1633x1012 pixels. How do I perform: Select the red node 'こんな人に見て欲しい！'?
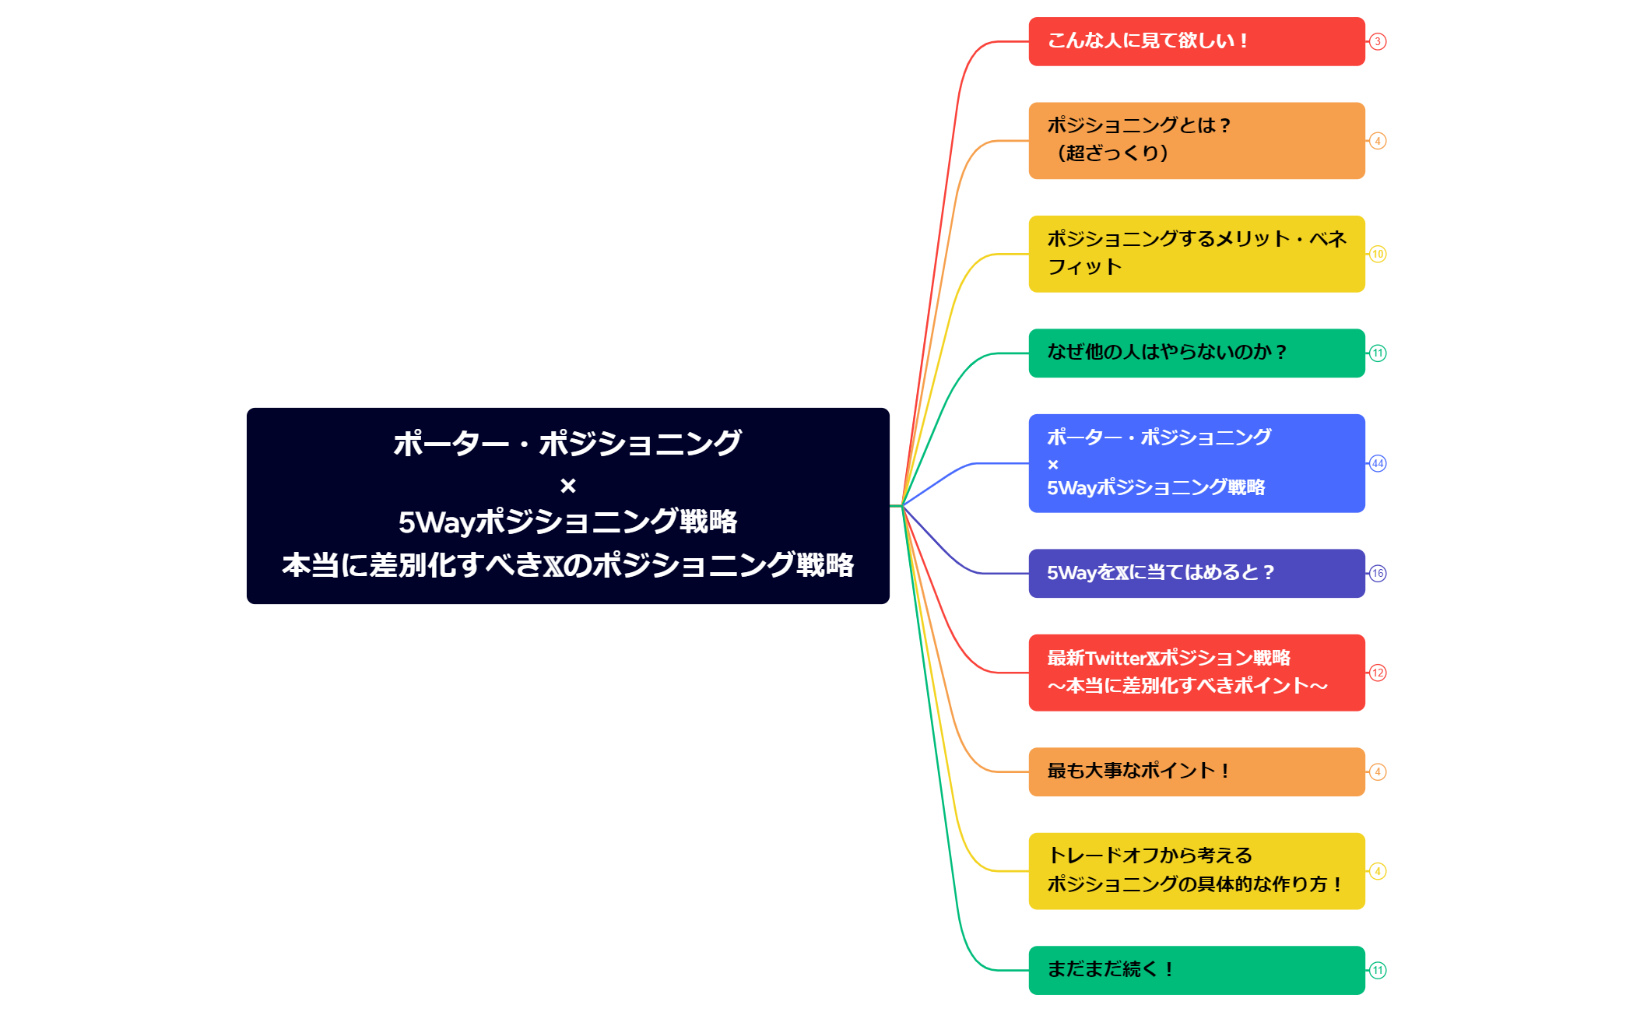tap(1196, 41)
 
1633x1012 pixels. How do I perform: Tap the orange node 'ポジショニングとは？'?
tap(1196, 140)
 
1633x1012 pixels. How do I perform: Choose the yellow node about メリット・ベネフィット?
tap(1196, 254)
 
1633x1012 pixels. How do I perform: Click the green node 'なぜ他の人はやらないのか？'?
tap(1196, 353)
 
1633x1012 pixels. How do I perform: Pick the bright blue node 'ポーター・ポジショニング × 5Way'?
tap(1196, 462)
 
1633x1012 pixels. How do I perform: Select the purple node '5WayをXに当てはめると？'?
tap(1196, 573)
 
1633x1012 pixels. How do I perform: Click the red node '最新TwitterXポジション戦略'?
tap(1196, 672)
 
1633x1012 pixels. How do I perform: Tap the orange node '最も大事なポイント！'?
tap(1196, 771)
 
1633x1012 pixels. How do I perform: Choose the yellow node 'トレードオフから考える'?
tap(1196, 870)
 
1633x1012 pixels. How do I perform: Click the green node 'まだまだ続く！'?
tap(1196, 970)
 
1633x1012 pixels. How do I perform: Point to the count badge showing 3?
tap(1378, 41)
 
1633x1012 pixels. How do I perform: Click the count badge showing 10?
tap(1378, 254)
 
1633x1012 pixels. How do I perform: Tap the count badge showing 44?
tap(1378, 463)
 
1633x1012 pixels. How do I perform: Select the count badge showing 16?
tap(1378, 573)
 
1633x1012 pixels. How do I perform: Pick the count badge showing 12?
tap(1378, 673)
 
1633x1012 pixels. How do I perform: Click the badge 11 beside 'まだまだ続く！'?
tap(1378, 970)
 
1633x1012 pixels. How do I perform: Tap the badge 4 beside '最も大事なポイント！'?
tap(1378, 771)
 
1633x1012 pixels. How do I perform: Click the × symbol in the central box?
tap(568, 486)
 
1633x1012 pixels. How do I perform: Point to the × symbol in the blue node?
tap(1053, 465)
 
